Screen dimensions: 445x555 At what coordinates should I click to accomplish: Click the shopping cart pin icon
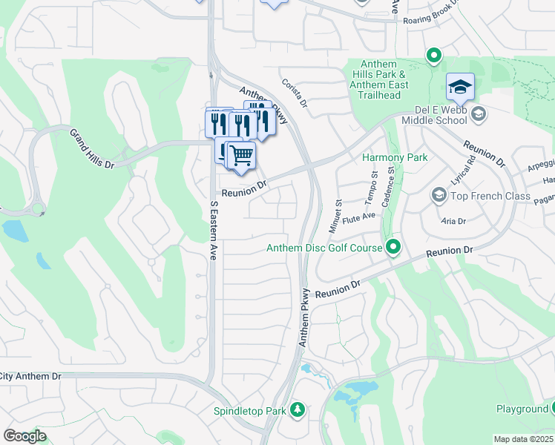pyautogui.click(x=241, y=156)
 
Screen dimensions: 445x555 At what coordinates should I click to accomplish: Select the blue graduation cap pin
pyautogui.click(x=460, y=87)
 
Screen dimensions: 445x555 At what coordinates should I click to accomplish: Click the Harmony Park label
pyautogui.click(x=394, y=157)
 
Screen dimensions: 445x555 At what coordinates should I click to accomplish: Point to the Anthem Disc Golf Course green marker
pyautogui.click(x=393, y=247)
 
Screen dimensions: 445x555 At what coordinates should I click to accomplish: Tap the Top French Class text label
pyautogui.click(x=490, y=197)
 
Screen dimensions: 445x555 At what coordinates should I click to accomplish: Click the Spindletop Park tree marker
pyautogui.click(x=297, y=409)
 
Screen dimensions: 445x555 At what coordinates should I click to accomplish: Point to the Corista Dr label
pyautogui.click(x=294, y=94)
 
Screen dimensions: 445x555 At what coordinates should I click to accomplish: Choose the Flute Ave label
pyautogui.click(x=361, y=216)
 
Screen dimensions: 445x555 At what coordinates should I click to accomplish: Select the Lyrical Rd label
pyautogui.click(x=461, y=171)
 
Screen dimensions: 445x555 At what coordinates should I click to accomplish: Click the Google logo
pyautogui.click(x=24, y=435)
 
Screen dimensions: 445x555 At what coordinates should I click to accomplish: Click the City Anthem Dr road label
pyautogui.click(x=30, y=377)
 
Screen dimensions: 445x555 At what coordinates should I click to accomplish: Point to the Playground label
pyautogui.click(x=522, y=409)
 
